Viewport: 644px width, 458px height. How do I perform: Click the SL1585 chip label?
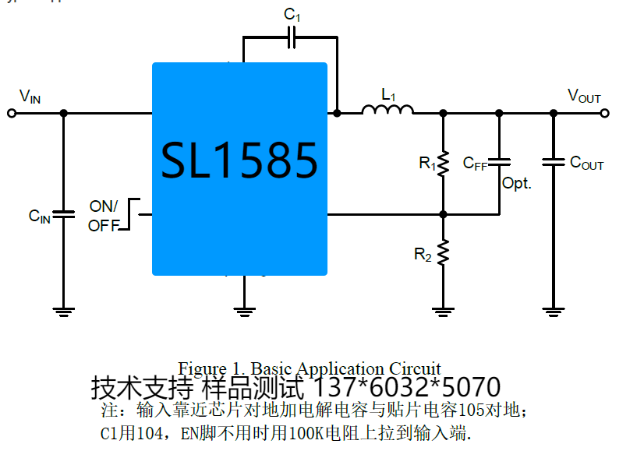coord(239,161)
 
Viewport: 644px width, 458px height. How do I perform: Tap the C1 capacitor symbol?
coord(291,37)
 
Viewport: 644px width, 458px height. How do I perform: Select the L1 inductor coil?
coord(387,111)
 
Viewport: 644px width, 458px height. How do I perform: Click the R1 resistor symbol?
coord(443,164)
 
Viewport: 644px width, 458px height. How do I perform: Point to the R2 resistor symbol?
coord(443,252)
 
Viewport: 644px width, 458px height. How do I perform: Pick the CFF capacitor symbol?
coord(500,162)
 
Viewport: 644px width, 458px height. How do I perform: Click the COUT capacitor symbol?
coord(554,163)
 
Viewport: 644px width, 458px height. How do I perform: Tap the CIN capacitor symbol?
coord(64,214)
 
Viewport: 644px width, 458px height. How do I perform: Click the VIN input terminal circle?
coord(11,113)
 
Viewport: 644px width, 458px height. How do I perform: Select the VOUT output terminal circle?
coord(605,113)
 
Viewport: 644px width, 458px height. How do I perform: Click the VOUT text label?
coord(584,97)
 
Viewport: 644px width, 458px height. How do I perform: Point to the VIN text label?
coord(30,97)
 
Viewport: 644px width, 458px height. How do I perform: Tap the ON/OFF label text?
coord(104,216)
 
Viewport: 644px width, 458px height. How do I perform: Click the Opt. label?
coord(516,184)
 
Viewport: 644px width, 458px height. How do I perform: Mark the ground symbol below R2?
coord(443,313)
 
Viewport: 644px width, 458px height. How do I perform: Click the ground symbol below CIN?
coord(64,313)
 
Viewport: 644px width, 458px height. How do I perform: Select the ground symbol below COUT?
coord(554,313)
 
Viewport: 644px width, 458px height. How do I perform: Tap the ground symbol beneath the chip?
coord(245,313)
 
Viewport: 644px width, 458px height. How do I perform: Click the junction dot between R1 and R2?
coord(443,213)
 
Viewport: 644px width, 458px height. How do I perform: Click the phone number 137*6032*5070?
coord(406,387)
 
